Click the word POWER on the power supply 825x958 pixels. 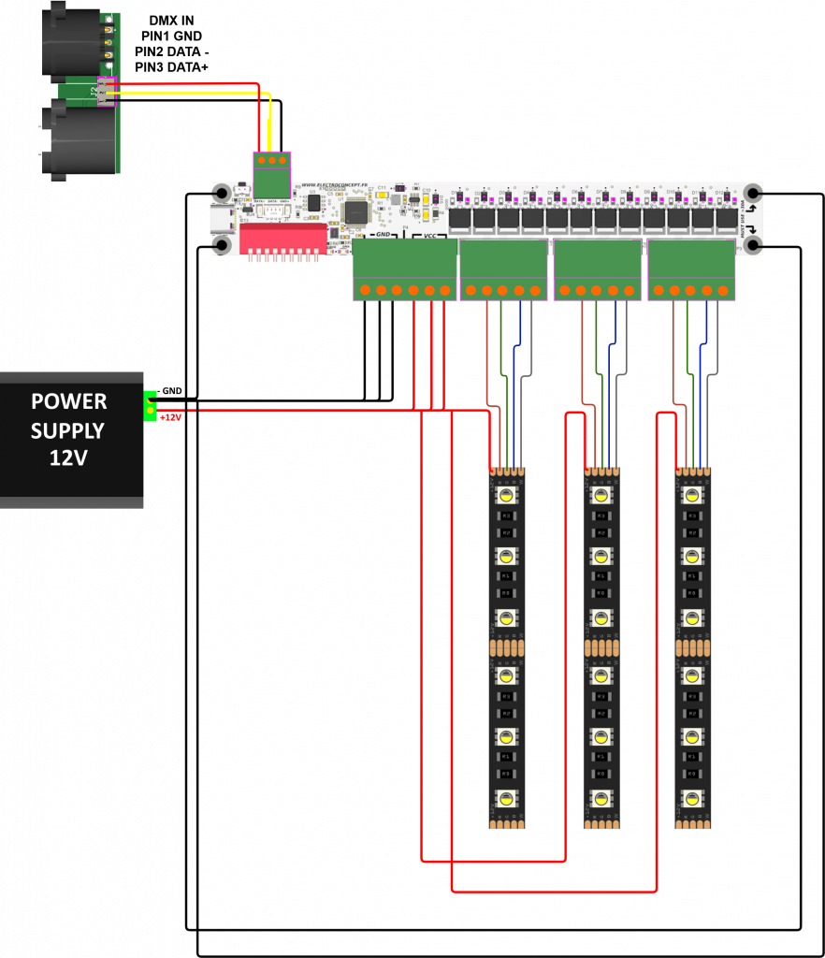tap(68, 401)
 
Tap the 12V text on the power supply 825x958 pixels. tap(68, 458)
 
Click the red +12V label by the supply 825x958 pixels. tap(170, 417)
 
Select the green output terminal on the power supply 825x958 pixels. tap(150, 407)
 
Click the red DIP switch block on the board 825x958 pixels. tap(282, 239)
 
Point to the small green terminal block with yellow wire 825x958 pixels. tap(271, 174)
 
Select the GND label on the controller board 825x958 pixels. tap(383, 234)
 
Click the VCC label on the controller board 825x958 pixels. tap(430, 235)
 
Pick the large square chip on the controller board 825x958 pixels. tap(356, 212)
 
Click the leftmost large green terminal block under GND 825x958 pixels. tap(404, 269)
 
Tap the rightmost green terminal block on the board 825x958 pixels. tap(691, 269)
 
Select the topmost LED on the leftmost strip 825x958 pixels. tap(506, 496)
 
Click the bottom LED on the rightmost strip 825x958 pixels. tap(691, 798)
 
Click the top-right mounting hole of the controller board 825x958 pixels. tap(751, 194)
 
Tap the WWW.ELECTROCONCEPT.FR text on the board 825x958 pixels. tap(334, 186)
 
